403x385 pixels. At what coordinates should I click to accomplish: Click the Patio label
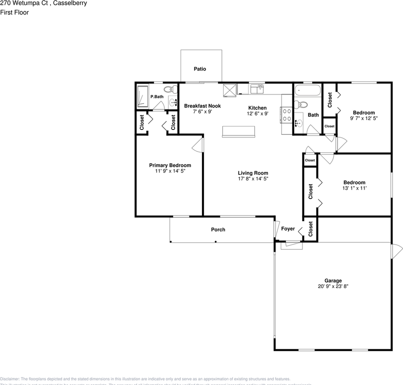(200, 69)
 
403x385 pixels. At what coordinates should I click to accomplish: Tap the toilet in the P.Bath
(169, 89)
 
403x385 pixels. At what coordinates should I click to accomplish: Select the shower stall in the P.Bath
(142, 96)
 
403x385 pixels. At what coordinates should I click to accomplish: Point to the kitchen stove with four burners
(287, 115)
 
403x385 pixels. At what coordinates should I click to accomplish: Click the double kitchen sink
(256, 89)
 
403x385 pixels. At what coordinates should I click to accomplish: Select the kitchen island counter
(239, 132)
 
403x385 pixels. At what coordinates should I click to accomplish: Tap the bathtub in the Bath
(307, 90)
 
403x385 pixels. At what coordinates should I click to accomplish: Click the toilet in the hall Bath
(301, 105)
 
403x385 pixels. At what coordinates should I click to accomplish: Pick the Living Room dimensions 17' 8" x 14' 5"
(253, 179)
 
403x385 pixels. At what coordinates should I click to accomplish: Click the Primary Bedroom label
(170, 165)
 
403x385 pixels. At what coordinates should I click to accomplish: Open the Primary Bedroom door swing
(198, 145)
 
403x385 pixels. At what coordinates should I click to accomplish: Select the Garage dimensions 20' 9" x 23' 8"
(333, 287)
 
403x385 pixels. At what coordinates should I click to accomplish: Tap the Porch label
(218, 230)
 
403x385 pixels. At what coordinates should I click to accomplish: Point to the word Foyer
(288, 229)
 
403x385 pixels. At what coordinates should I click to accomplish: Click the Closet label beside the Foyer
(310, 229)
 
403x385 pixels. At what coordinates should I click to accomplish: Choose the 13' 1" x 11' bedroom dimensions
(354, 188)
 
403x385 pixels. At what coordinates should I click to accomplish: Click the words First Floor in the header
(14, 12)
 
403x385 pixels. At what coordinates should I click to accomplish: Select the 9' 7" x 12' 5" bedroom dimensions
(364, 118)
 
